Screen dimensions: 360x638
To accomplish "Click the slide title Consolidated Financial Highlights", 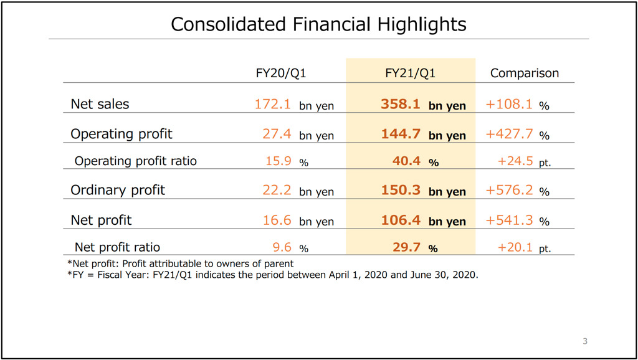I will tap(318, 24).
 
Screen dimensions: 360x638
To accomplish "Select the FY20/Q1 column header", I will tap(281, 73).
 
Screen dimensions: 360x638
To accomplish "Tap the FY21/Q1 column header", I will tap(411, 73).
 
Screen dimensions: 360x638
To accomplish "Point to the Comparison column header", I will tap(525, 73).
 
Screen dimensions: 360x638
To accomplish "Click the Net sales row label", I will tap(100, 104).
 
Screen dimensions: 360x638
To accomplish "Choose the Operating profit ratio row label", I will tap(135, 161).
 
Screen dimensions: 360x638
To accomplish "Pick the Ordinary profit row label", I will tap(118, 190).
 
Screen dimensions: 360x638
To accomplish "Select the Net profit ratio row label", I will tap(117, 247).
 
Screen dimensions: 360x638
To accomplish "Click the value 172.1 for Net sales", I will tap(272, 104).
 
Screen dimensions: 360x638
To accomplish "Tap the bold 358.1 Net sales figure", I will tap(401, 104).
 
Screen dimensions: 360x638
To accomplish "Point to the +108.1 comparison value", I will tap(509, 104).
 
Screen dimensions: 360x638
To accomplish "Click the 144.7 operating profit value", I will tap(401, 134).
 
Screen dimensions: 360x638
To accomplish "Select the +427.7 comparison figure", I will tap(509, 134).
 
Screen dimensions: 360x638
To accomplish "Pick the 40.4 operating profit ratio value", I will tap(407, 161).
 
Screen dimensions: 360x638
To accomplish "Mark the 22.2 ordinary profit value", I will tap(277, 190).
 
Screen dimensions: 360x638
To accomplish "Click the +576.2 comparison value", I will tap(509, 190).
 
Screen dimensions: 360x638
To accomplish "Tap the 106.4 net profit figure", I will tap(401, 220).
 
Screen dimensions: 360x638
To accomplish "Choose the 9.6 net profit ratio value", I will tap(282, 247).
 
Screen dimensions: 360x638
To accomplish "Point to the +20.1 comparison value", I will tap(515, 247).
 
